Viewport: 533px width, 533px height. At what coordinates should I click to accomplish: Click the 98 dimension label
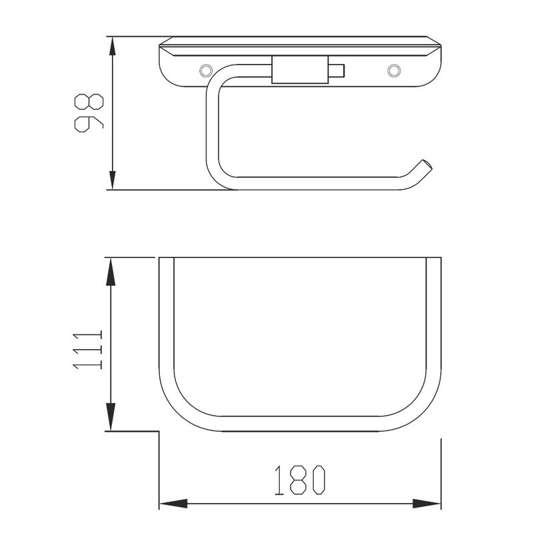[x=89, y=113]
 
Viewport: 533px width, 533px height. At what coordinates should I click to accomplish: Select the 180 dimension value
[x=300, y=480]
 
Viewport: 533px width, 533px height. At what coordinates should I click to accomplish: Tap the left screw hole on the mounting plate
[x=205, y=71]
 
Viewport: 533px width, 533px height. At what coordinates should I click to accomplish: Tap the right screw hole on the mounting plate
[x=394, y=71]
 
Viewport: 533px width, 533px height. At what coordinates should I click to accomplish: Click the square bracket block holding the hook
[x=300, y=70]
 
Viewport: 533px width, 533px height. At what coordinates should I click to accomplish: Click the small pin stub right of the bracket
[x=336, y=71]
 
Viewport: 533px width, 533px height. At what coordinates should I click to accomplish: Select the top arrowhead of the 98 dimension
[x=112, y=46]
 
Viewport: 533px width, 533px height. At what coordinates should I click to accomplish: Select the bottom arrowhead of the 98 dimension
[x=112, y=180]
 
